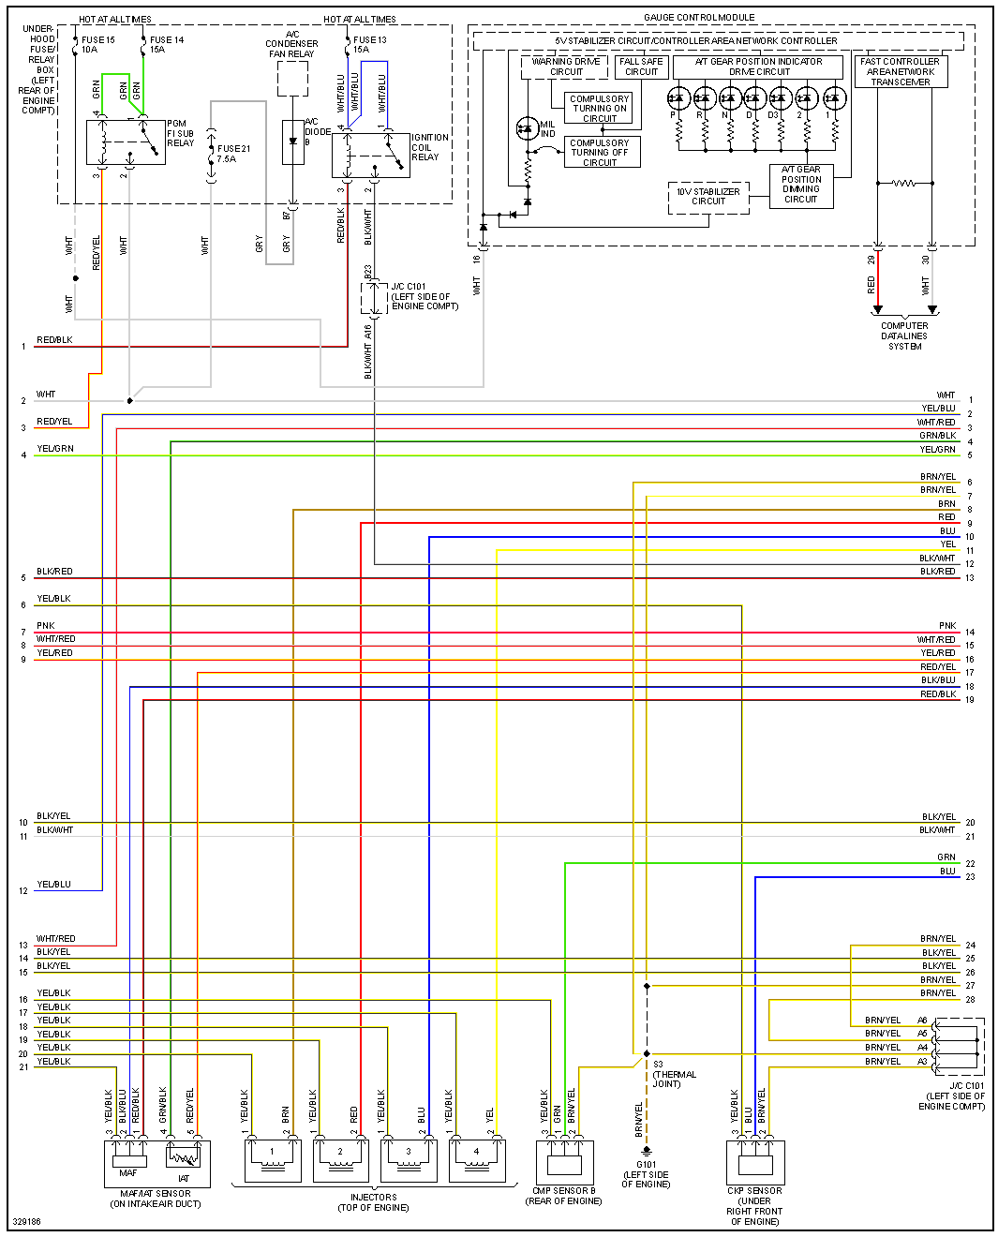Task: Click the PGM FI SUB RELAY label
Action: pos(180,133)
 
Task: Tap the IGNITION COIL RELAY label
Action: pos(429,147)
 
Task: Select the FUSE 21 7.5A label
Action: pos(233,154)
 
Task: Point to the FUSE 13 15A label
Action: pos(369,45)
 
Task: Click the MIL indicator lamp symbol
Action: pos(527,128)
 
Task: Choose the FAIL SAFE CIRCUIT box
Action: pos(641,67)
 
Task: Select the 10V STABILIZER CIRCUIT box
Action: pos(708,197)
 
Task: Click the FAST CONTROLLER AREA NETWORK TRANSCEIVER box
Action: pos(900,72)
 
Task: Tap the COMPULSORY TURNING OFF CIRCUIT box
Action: pos(601,153)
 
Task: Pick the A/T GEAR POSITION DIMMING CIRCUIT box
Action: pos(801,185)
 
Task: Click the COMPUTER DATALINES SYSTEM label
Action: pos(904,336)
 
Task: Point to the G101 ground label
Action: pos(646,1174)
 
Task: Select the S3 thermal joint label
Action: pos(672,1074)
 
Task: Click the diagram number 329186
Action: pos(25,1222)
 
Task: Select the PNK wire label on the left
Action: pos(46,626)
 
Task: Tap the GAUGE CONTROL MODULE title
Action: pos(699,18)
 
